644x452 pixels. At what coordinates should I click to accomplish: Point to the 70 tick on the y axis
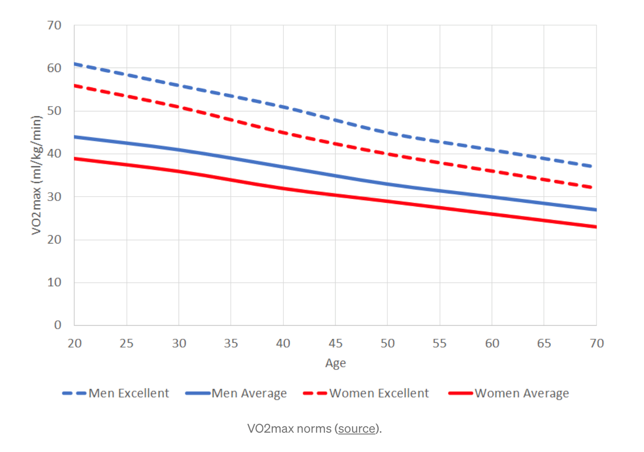coord(54,25)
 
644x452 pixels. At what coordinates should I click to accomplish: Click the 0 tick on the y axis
coord(57,325)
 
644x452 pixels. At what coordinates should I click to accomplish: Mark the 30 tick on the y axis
coord(54,197)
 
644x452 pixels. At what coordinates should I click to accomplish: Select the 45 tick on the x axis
coord(335,343)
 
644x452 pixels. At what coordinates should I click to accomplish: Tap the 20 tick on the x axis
coord(75,343)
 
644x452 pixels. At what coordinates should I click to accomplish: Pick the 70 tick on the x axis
coord(596,343)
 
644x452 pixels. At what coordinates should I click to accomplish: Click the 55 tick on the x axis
coord(440,343)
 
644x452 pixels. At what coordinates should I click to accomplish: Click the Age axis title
coord(335,363)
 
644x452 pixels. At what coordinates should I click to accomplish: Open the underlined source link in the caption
coord(357,428)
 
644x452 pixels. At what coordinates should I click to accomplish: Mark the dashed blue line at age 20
coord(75,64)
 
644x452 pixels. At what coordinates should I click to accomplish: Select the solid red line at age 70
coord(595,227)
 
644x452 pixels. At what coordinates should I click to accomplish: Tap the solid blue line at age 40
coord(283,167)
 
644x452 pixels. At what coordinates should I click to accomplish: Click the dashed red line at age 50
coord(387,154)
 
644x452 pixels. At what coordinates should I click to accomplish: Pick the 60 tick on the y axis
coord(54,68)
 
